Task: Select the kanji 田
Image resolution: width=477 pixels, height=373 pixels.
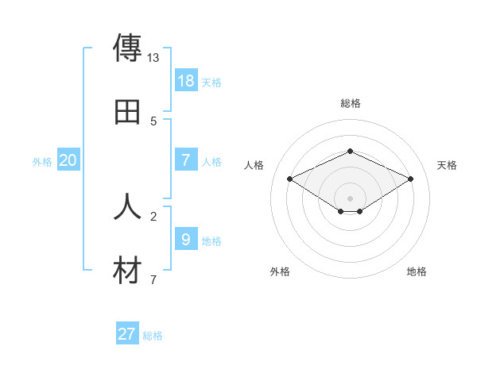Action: point(127,112)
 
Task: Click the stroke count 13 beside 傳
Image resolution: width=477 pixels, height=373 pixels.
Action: point(153,58)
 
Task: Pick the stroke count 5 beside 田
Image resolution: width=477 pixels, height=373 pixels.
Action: point(153,121)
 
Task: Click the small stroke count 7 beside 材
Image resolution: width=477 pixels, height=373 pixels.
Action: point(153,280)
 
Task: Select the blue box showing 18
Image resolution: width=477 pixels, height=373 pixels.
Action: point(186,81)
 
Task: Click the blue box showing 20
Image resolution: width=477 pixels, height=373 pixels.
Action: point(68,160)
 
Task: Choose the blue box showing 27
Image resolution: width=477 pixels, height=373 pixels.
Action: point(127,334)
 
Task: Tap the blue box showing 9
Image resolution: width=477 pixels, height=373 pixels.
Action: point(186,240)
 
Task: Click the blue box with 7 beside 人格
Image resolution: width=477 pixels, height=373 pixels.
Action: point(186,160)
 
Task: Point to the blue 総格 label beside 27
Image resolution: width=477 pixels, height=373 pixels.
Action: point(153,336)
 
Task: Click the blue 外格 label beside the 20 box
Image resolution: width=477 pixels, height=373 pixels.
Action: point(42,162)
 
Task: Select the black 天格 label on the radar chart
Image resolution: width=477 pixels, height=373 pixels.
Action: point(447,165)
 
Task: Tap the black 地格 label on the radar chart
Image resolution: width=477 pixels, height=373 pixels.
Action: point(417,271)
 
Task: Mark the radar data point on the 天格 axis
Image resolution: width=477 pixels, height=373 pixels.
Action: point(411,179)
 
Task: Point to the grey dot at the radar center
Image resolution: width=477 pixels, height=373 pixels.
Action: point(350,198)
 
